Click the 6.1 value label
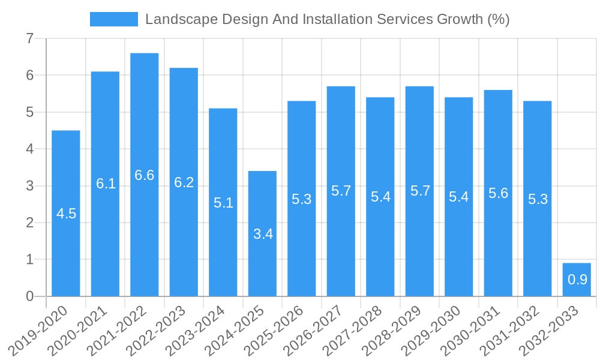(x=106, y=184)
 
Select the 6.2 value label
(x=184, y=182)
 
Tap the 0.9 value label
(x=577, y=279)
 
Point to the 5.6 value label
(x=498, y=193)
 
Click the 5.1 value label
(x=223, y=203)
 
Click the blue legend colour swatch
(x=114, y=19)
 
